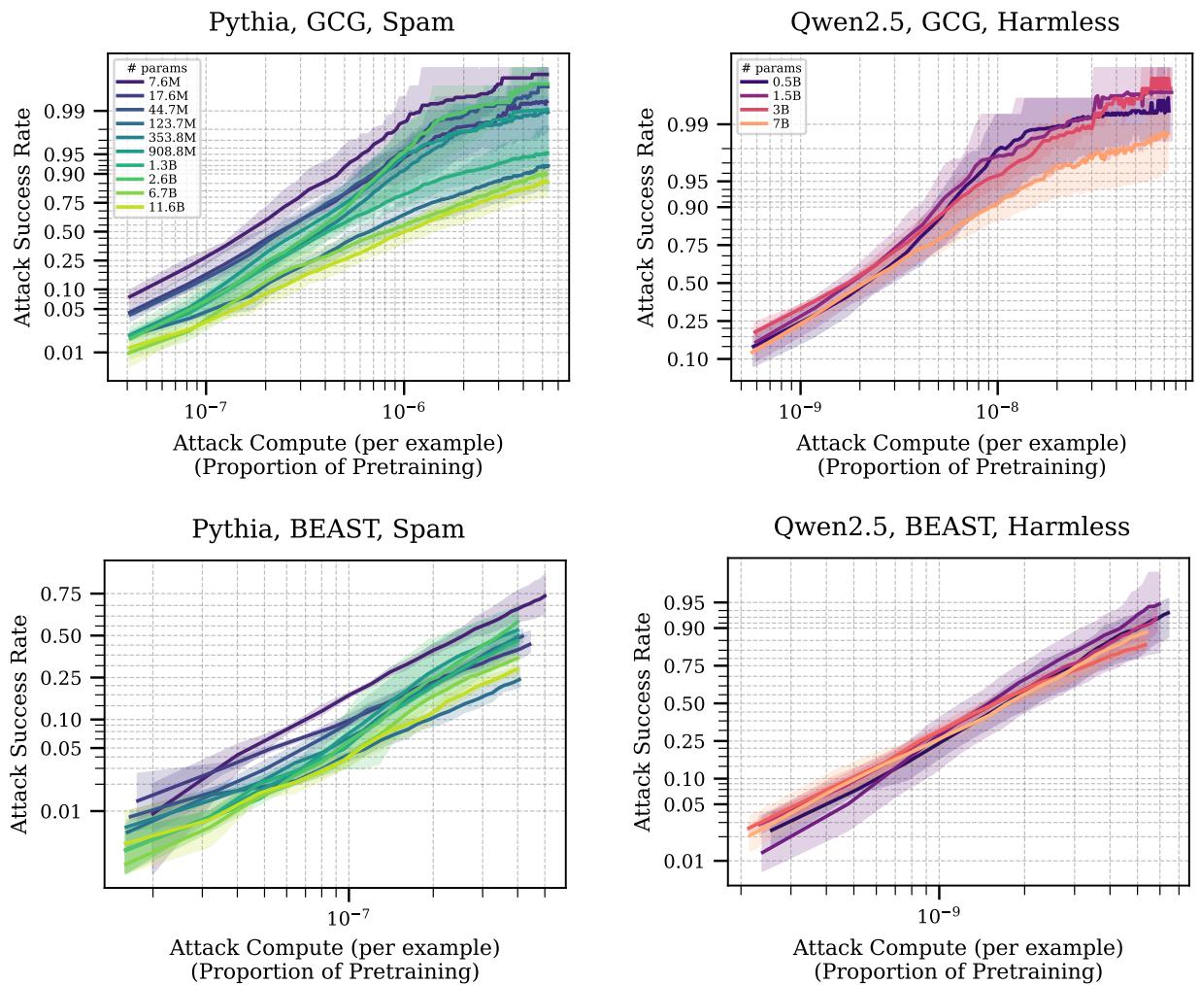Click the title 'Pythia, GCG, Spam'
332,22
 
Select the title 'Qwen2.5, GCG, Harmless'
955,22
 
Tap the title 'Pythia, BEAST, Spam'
328,529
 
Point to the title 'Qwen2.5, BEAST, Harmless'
951,526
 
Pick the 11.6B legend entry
167,207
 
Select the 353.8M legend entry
172,138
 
